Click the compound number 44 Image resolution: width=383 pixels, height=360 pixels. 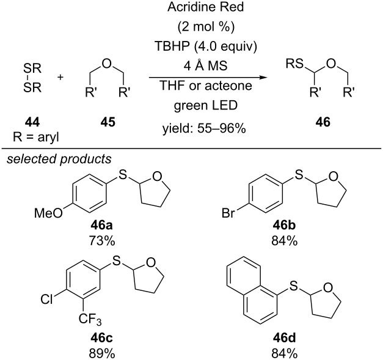coord(32,122)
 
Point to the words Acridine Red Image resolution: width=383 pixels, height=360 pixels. coord(205,7)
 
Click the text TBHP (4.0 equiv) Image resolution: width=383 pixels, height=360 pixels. coord(205,46)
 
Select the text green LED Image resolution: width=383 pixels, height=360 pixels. coord(205,105)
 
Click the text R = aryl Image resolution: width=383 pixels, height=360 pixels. coord(36,137)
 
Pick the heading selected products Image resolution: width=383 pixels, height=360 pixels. coord(59,159)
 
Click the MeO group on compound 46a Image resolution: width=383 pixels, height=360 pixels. coord(48,213)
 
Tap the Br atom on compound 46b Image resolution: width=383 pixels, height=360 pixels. coord(228,213)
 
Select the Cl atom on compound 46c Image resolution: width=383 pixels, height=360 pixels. coord(46,299)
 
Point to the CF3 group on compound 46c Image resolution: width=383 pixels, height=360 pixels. coord(90,319)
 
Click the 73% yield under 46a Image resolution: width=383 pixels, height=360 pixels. coord(101,241)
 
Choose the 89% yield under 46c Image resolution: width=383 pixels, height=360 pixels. coord(101,353)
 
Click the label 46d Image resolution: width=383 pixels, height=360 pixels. coord(284,338)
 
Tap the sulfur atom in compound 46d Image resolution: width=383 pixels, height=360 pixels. coord(293,285)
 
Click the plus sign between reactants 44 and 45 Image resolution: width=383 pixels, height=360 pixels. coord(60,77)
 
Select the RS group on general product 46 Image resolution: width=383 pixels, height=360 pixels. coord(294,64)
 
